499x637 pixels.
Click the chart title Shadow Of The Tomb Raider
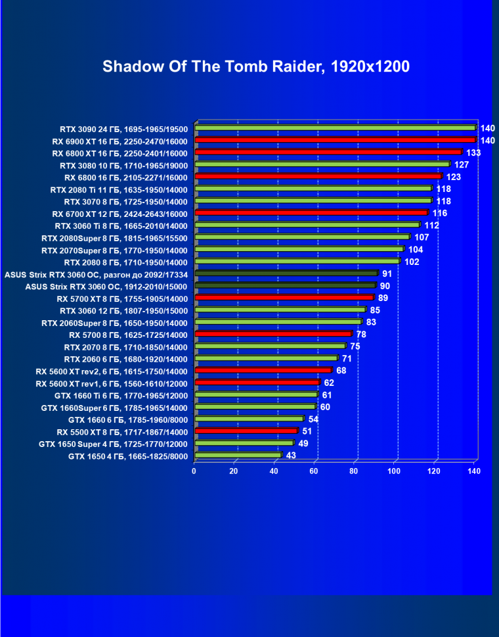click(256, 66)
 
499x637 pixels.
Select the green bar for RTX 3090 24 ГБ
click(335, 128)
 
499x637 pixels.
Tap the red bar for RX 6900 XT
click(335, 140)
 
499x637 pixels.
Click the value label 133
click(473, 153)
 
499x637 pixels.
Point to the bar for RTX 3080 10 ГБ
click(322, 164)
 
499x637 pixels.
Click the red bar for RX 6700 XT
click(311, 213)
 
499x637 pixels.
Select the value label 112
click(431, 225)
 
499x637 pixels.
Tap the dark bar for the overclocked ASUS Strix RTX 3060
click(286, 273)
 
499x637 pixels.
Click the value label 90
click(385, 286)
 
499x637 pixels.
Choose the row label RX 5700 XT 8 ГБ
click(122, 298)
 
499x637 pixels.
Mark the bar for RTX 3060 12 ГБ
click(280, 310)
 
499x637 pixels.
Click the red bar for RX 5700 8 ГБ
click(273, 334)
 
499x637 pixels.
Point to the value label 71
click(347, 358)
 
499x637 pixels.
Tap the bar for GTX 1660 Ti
click(255, 395)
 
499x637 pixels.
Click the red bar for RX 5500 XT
click(246, 431)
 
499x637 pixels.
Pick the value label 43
click(291, 456)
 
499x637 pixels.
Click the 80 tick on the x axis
click(355, 471)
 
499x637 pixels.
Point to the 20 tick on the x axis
click(234, 471)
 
